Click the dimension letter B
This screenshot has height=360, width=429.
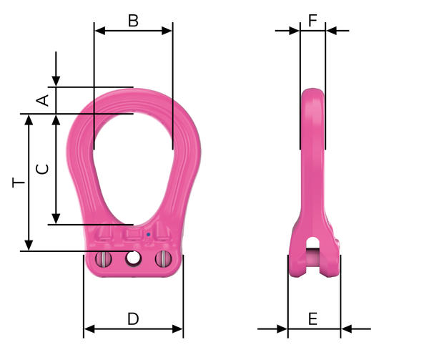(133, 21)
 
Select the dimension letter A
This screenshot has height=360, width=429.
(43, 100)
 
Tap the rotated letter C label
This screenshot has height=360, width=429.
(43, 169)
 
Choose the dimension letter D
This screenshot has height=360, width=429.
(133, 318)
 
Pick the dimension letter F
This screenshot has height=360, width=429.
(312, 21)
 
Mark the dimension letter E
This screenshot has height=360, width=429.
(313, 319)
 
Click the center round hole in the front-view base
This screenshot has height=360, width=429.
(133, 258)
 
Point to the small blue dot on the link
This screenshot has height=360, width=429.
(148, 234)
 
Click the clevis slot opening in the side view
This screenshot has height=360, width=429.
(313, 252)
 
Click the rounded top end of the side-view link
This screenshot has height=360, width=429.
(312, 93)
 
